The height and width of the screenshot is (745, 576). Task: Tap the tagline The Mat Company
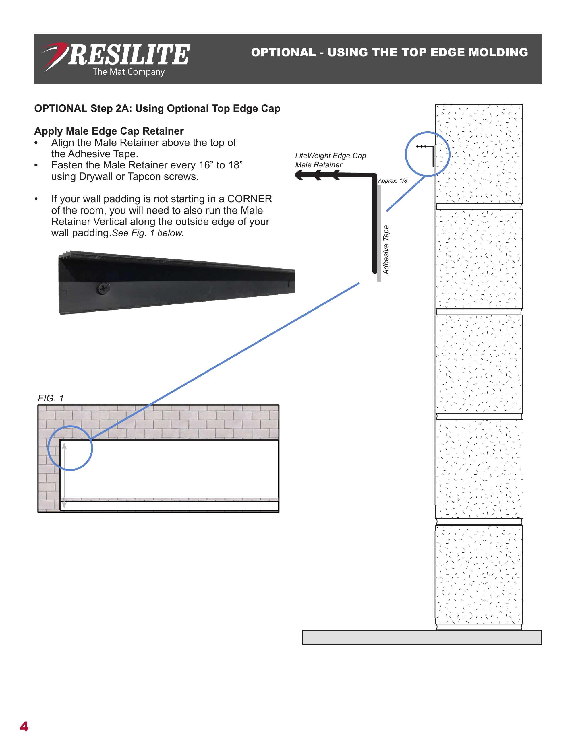(x=128, y=72)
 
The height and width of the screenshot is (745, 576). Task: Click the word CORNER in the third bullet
(x=250, y=199)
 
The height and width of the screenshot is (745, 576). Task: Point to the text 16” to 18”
(x=221, y=165)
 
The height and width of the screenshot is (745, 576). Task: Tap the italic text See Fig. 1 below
(x=148, y=233)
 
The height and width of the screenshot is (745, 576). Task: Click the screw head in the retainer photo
(x=103, y=289)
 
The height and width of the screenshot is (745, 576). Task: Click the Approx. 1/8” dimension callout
(x=393, y=181)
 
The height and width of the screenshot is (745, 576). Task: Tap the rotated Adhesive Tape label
(x=386, y=250)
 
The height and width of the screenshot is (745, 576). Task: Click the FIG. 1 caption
(x=51, y=398)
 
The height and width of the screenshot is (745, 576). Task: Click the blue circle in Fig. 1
(x=70, y=448)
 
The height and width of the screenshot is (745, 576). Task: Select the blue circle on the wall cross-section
(x=428, y=154)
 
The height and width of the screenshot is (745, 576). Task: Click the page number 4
(x=24, y=727)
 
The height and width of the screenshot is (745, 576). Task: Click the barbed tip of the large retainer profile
(x=299, y=175)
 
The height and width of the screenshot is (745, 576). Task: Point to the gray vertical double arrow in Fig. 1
(x=64, y=476)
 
